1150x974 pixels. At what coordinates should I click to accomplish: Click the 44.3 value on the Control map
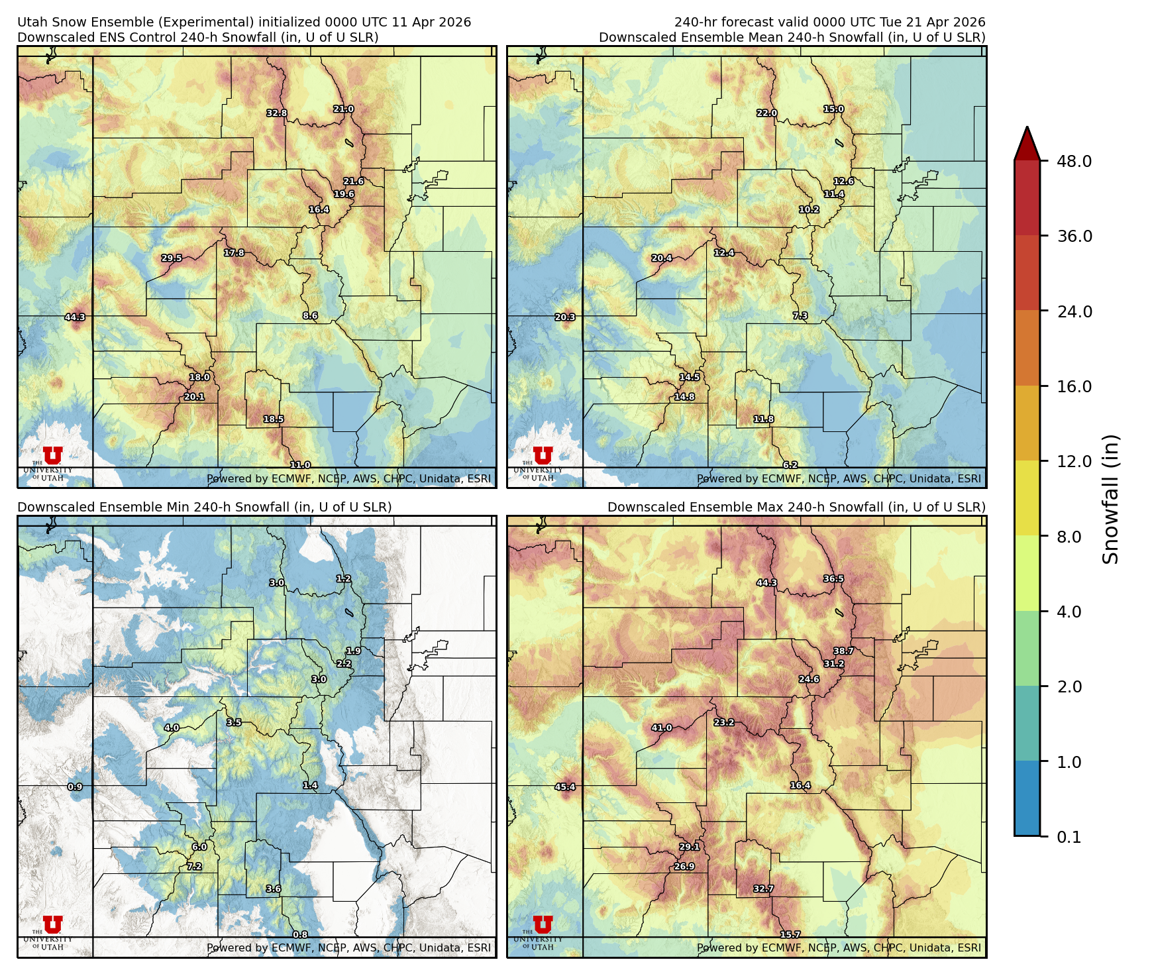point(75,317)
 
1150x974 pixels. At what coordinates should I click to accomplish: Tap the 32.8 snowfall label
point(277,113)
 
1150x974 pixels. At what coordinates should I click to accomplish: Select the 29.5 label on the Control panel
point(172,258)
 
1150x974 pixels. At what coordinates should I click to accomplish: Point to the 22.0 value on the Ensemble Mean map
point(767,113)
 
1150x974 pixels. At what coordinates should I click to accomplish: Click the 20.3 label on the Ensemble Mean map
point(565,317)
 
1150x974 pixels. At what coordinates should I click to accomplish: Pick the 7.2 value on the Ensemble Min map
point(194,866)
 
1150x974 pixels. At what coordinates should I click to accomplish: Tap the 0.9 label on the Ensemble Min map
point(75,787)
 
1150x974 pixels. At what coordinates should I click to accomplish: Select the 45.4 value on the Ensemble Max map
point(565,787)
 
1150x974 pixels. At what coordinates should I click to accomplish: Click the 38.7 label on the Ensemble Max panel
point(844,651)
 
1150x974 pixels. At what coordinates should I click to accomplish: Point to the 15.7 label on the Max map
point(790,934)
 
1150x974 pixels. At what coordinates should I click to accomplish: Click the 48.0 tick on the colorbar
point(1074,161)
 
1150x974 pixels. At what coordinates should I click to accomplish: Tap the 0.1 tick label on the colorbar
point(1069,837)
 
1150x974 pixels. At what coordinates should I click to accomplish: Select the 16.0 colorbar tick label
point(1074,386)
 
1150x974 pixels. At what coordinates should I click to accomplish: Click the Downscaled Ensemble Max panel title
point(796,507)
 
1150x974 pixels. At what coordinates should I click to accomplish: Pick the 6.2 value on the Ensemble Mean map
point(790,465)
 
